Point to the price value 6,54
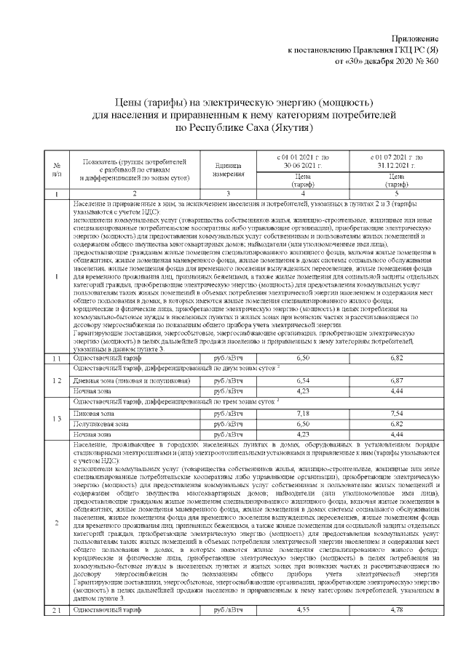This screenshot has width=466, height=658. click(x=303, y=380)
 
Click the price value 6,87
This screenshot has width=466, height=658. click(x=397, y=380)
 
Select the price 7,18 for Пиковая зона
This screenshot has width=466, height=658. click(x=303, y=413)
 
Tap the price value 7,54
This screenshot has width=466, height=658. click(x=397, y=413)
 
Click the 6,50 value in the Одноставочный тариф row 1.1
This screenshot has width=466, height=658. click(x=303, y=359)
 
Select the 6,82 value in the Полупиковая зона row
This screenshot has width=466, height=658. click(x=397, y=423)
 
